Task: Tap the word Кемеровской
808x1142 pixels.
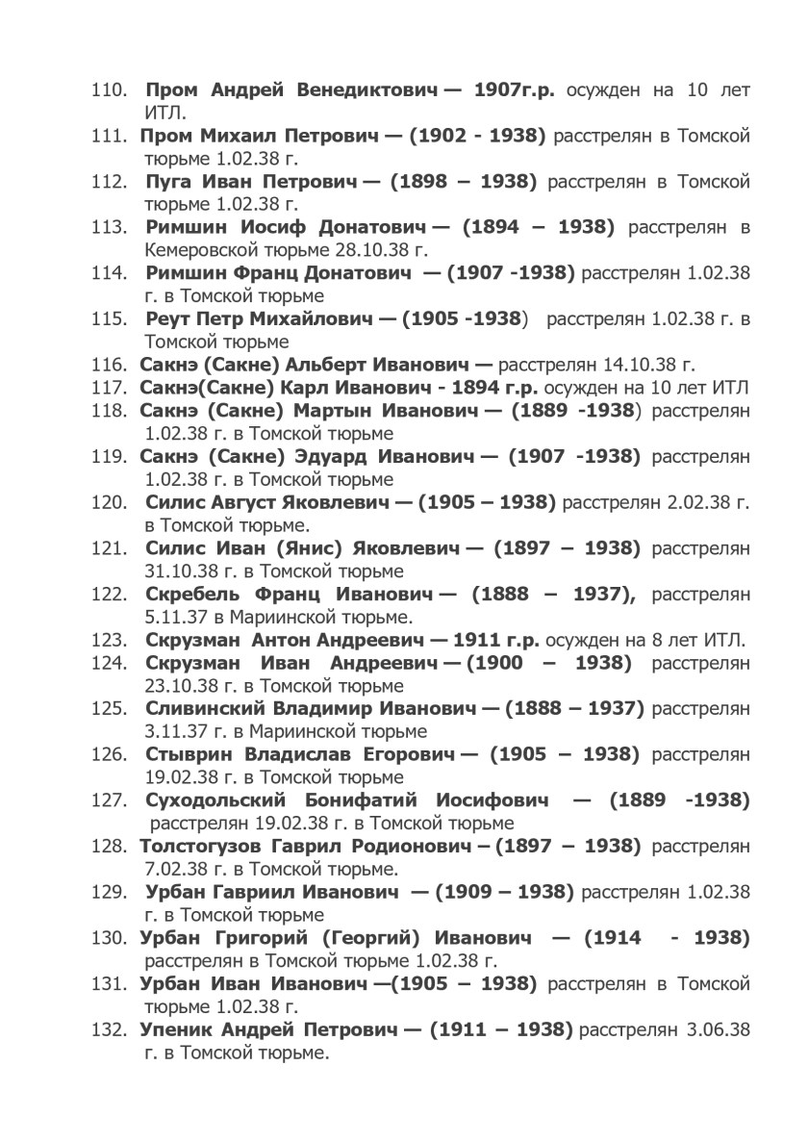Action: [200, 250]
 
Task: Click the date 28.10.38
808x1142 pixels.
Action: [358, 250]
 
